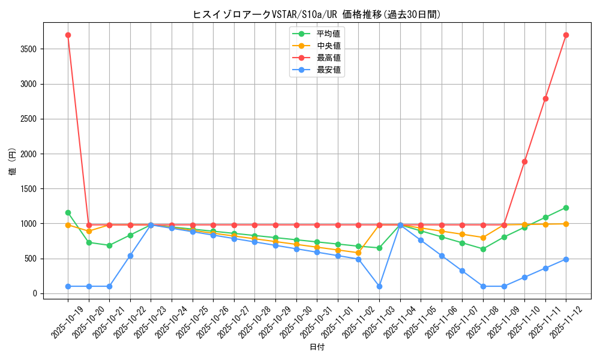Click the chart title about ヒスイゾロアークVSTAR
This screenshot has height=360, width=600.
317,14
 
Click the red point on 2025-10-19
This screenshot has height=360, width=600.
68,35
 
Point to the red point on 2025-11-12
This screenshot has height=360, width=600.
566,35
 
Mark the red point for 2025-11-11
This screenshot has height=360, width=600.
545,98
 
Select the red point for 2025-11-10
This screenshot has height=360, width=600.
524,161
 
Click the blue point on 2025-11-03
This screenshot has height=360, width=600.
379,286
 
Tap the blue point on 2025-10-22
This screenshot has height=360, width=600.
130,256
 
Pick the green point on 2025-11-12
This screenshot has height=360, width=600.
566,208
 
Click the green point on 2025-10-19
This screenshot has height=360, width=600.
68,212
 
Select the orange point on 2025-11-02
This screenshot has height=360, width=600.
358,253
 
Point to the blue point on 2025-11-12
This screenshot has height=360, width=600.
566,259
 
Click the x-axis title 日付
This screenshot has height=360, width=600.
317,347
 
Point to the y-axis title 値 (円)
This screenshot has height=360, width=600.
13,161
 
